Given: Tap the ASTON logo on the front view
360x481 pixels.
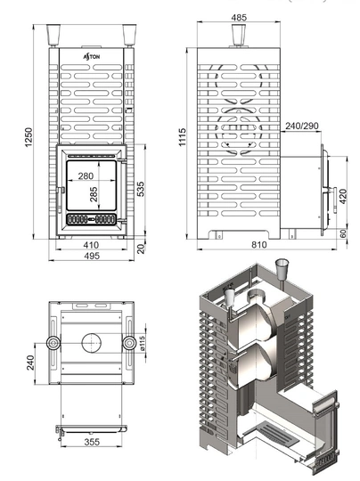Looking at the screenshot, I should (93, 55).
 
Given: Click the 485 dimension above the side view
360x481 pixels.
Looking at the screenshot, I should (239, 17).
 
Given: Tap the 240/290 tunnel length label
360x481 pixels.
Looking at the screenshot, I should (301, 126).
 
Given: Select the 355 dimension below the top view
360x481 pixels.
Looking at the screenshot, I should (93, 440).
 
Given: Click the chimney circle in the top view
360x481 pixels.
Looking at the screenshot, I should (92, 342).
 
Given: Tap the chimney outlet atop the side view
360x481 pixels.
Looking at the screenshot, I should (239, 35).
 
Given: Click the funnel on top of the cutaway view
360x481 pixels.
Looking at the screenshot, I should (284, 266).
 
